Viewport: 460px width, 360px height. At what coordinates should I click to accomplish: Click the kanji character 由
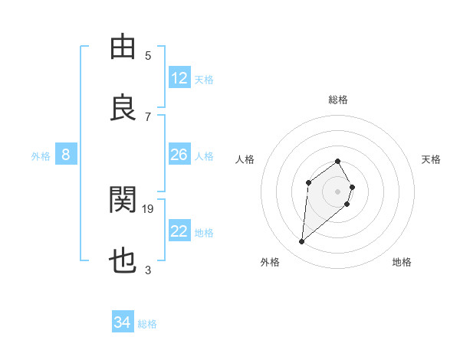pyautogui.click(x=123, y=47)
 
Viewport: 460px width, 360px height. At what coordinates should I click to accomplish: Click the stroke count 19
pyautogui.click(x=148, y=208)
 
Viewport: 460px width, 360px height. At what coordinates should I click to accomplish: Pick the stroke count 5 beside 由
pyautogui.click(x=148, y=55)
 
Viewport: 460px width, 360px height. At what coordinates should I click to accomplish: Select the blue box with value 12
pyautogui.click(x=179, y=78)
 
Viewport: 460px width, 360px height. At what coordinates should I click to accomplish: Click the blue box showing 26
pyautogui.click(x=179, y=155)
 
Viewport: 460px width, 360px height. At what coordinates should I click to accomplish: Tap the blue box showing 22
pyautogui.click(x=179, y=231)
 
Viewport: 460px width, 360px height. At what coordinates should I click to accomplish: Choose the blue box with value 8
pyautogui.click(x=66, y=155)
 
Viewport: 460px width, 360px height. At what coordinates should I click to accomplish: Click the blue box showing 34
pyautogui.click(x=123, y=322)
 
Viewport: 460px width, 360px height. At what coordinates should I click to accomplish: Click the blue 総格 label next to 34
pyautogui.click(x=147, y=324)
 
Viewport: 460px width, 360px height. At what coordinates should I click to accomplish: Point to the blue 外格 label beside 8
pyautogui.click(x=41, y=156)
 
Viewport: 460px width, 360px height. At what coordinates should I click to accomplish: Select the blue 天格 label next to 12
pyautogui.click(x=204, y=80)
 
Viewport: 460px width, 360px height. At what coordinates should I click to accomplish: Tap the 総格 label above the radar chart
pyautogui.click(x=338, y=100)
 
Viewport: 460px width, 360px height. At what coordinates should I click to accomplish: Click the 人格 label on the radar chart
pyautogui.click(x=245, y=159)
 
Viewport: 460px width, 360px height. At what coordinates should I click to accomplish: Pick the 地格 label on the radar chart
pyautogui.click(x=402, y=262)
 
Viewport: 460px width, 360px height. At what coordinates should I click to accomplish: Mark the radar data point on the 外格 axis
pyautogui.click(x=302, y=242)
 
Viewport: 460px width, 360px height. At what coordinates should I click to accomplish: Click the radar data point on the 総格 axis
pyautogui.click(x=338, y=162)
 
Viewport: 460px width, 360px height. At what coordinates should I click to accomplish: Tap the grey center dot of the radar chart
pyautogui.click(x=338, y=191)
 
